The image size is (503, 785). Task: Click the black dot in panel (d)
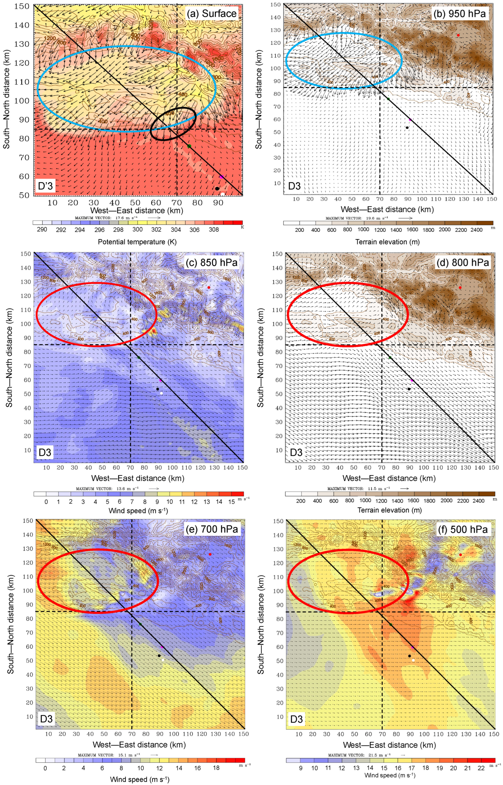(x=409, y=389)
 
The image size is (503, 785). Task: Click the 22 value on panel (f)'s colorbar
(x=481, y=768)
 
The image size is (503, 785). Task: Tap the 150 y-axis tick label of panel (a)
(x=22, y=6)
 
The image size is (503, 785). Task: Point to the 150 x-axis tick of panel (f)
(x=494, y=734)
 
